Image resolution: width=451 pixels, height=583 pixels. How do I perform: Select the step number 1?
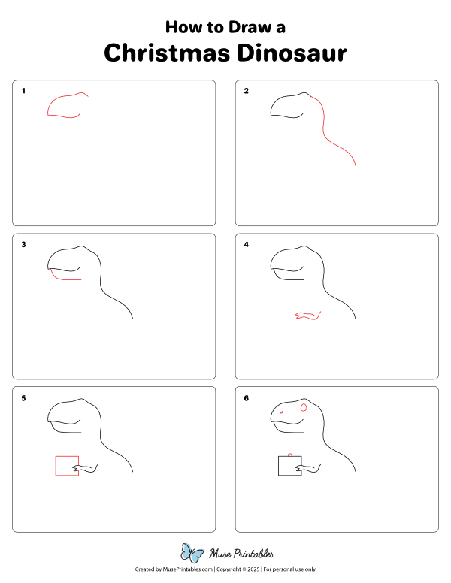[x=24, y=91]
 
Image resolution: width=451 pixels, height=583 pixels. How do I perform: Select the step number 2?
[x=247, y=91]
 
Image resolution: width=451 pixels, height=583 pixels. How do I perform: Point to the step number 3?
[x=24, y=244]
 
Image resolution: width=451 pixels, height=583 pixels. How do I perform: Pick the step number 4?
[x=247, y=244]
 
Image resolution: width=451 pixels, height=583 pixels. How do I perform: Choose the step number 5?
[x=24, y=398]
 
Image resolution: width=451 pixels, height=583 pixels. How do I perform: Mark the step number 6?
[x=247, y=398]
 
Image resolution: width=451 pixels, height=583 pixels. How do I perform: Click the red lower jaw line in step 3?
[x=68, y=279]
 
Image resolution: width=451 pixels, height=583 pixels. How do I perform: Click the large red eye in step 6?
[x=304, y=408]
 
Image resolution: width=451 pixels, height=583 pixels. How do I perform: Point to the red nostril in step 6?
[x=281, y=412]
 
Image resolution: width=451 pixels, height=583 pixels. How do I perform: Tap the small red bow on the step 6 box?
[x=289, y=455]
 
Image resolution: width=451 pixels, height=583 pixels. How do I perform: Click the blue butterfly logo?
[x=192, y=553]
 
